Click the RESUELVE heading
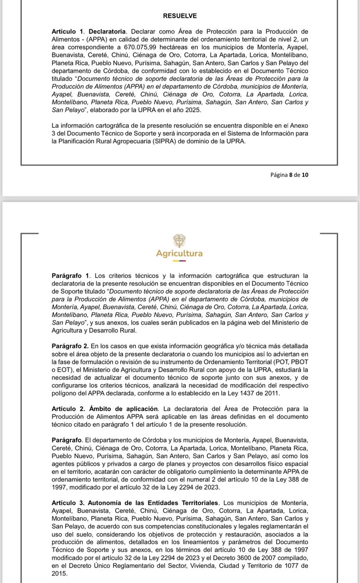tap(180, 16)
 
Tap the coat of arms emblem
tap(179, 241)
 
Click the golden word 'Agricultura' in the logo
tap(179, 254)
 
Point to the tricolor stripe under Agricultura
tap(179, 261)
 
